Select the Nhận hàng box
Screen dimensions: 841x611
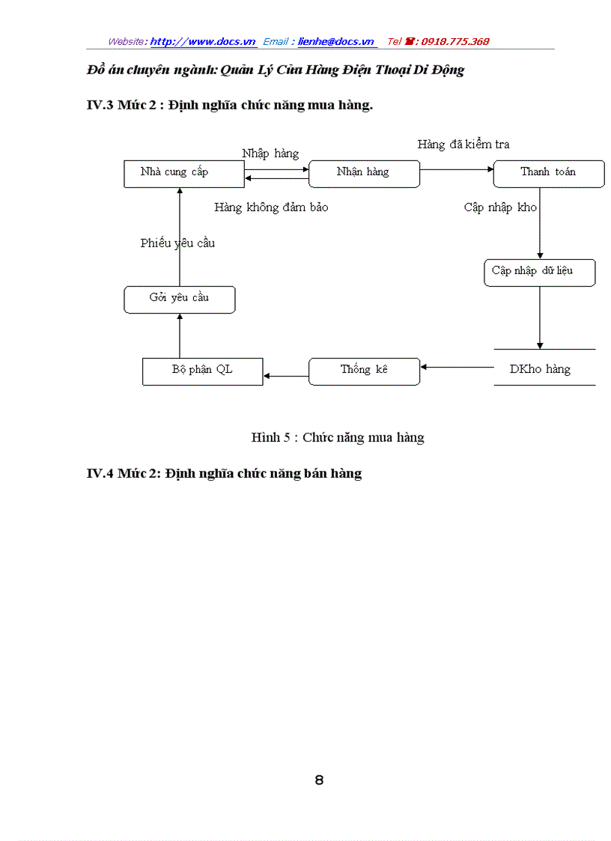[x=364, y=173]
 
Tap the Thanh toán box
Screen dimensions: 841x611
[x=548, y=173]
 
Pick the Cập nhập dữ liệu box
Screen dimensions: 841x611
[x=539, y=272]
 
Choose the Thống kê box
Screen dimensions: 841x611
[x=364, y=371]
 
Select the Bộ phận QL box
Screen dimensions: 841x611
[x=202, y=371]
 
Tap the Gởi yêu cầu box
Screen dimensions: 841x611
[x=179, y=299]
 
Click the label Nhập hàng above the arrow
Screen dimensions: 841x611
[x=270, y=154]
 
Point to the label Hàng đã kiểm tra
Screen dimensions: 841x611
[x=463, y=145]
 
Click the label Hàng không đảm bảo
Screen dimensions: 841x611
[x=270, y=207]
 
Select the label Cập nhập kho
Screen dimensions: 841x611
[x=499, y=207]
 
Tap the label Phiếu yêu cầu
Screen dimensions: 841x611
[x=177, y=243]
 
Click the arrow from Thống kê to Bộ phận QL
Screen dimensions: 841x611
[x=286, y=376]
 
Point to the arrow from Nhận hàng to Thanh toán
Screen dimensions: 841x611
[x=456, y=169]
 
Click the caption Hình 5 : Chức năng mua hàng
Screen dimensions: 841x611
[x=338, y=438]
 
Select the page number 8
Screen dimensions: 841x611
[x=319, y=780]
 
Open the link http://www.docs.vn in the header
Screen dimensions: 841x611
[x=203, y=42]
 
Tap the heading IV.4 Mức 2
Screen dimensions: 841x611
[x=224, y=474]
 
